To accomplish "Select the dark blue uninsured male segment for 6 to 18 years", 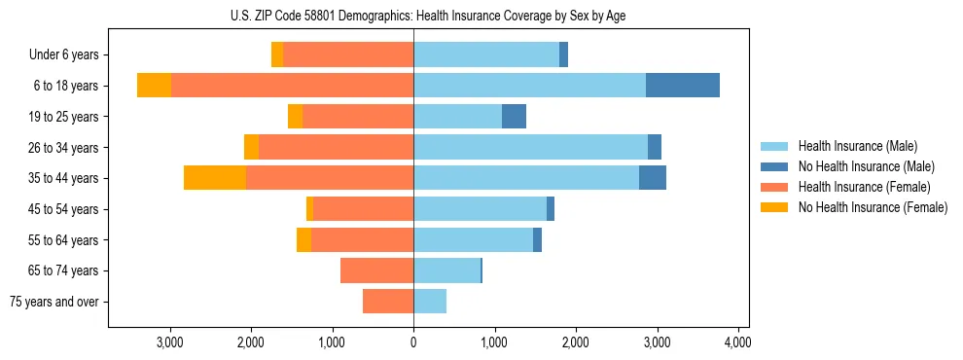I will click(x=682, y=86).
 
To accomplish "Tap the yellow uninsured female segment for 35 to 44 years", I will click(x=215, y=178).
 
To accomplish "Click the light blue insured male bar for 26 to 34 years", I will click(x=530, y=147).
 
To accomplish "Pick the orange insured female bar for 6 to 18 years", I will click(x=292, y=86).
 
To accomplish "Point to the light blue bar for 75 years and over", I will click(x=430, y=302).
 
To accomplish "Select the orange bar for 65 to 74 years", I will click(x=377, y=270).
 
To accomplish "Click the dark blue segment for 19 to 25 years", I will click(x=514, y=117).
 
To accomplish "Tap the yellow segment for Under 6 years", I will click(x=277, y=54).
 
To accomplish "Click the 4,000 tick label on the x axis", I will click(x=737, y=342).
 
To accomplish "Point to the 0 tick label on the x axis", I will click(x=413, y=342).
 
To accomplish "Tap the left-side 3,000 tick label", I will click(x=170, y=342).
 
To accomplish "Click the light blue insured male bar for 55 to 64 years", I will click(x=473, y=239).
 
